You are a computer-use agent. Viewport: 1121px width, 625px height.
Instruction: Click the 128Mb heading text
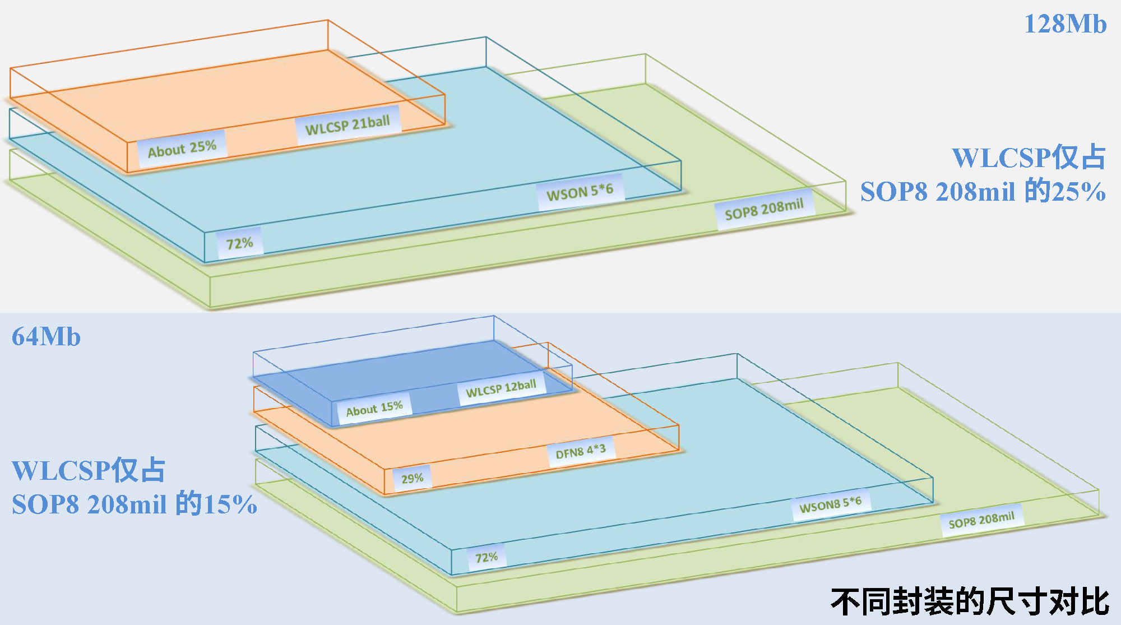(1065, 24)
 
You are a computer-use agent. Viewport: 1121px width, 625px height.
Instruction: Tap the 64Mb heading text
(46, 337)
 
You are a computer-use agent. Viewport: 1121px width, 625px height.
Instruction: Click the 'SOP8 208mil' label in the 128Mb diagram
(764, 210)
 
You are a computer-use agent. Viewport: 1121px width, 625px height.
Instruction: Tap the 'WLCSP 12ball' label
(501, 388)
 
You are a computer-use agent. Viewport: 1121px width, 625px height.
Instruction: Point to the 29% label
(412, 479)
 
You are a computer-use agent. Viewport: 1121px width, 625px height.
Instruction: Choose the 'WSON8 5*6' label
(830, 504)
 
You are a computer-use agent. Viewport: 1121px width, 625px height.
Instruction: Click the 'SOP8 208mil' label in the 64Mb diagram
(981, 521)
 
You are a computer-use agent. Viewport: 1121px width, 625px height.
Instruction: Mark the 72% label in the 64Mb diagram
(486, 558)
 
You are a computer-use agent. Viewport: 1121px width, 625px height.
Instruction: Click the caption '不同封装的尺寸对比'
(970, 602)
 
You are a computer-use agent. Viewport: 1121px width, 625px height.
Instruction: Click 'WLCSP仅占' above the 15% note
(89, 470)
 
